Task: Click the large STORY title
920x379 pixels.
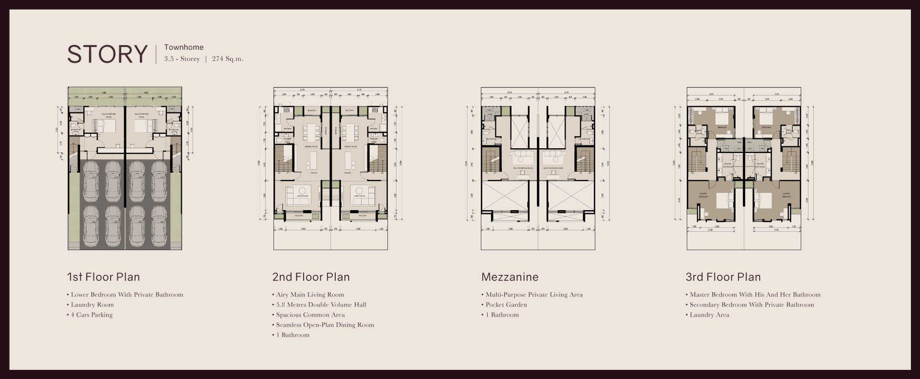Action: click(x=107, y=54)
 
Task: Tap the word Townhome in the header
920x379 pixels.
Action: click(x=184, y=47)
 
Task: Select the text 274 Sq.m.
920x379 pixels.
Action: click(x=228, y=59)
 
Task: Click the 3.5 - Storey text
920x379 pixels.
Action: click(x=182, y=59)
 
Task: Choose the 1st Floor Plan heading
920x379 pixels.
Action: click(x=103, y=277)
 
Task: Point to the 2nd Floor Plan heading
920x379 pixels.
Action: click(x=311, y=277)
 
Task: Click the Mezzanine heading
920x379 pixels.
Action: click(x=510, y=277)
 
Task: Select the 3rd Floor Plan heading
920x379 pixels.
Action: click(x=723, y=277)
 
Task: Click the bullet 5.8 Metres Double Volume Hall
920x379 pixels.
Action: click(x=321, y=305)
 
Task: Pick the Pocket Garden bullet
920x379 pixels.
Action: click(x=506, y=305)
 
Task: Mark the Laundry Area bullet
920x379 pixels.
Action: click(x=709, y=315)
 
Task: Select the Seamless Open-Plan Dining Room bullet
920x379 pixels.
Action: click(x=325, y=325)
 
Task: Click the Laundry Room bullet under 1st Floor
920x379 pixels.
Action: click(x=92, y=305)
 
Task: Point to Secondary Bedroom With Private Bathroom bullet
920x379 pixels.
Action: click(x=751, y=305)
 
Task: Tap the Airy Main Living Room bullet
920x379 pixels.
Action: click(x=310, y=295)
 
